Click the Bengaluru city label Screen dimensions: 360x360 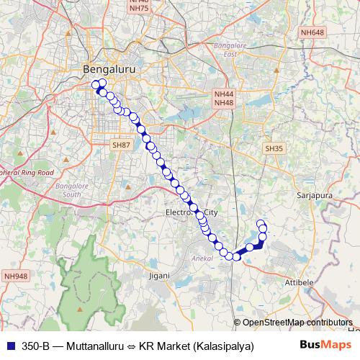tap(109, 69)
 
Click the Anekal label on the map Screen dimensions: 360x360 tap(200, 257)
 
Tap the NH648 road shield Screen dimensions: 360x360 tap(313, 33)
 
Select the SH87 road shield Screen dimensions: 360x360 tap(121, 145)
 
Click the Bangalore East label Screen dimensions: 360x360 tap(225, 50)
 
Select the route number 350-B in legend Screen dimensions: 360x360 tap(36, 346)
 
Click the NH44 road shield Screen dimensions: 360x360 tap(224, 94)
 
